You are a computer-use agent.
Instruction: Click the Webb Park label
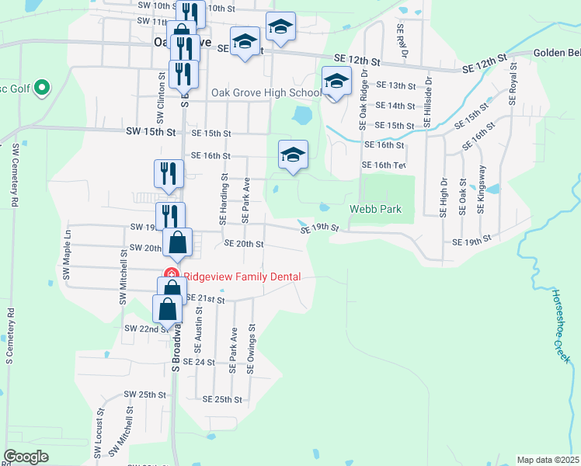[x=375, y=209]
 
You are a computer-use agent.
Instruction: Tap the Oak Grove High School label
[x=266, y=93]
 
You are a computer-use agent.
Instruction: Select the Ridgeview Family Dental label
[x=246, y=275]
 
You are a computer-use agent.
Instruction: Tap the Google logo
[x=26, y=457]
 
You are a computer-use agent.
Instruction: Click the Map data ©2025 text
[x=548, y=460]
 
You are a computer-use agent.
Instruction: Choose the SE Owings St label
[x=250, y=349]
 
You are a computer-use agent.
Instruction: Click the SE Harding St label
[x=223, y=199]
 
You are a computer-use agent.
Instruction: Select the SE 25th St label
[x=222, y=398]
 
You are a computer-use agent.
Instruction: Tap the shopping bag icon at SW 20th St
[x=178, y=242]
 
